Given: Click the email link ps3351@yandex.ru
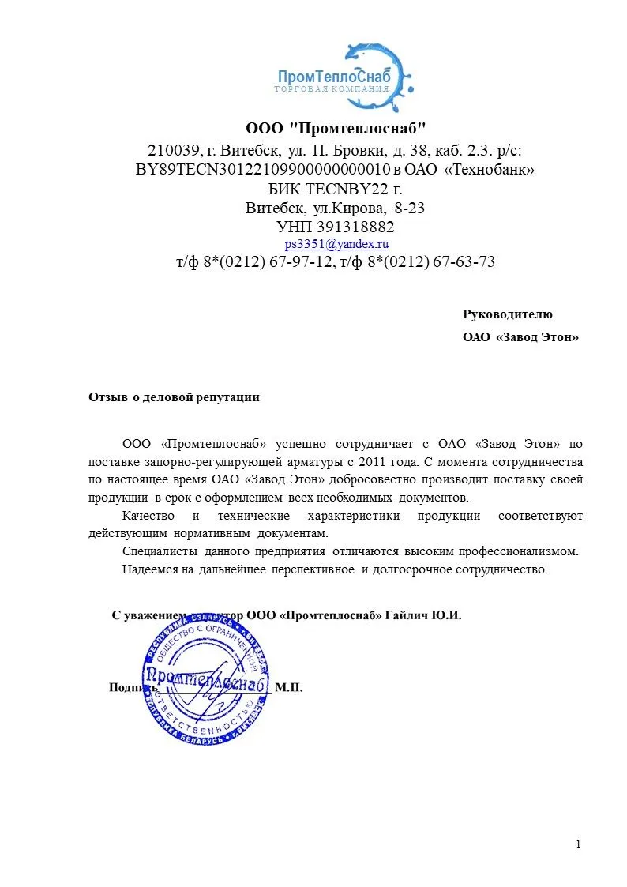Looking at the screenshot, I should [x=336, y=245].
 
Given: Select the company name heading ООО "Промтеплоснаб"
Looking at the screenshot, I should [x=336, y=128].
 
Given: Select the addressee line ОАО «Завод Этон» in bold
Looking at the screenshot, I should [x=520, y=337].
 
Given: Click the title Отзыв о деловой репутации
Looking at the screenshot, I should [x=174, y=397].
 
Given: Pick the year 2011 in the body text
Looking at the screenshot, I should [x=371, y=460].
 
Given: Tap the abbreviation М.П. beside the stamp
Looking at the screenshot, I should [x=289, y=688].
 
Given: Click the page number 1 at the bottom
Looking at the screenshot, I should [x=579, y=844].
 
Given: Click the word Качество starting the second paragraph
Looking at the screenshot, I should [x=149, y=516].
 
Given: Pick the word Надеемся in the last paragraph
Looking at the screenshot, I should [x=151, y=569].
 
